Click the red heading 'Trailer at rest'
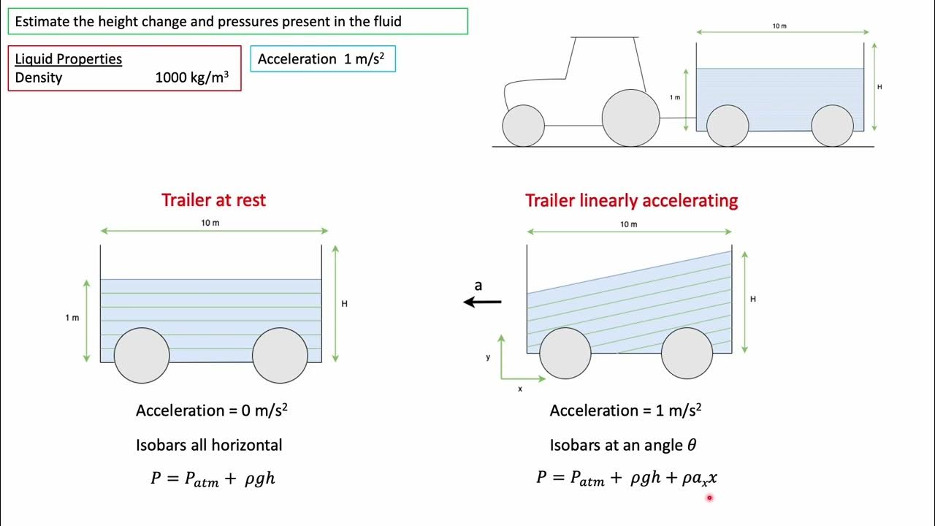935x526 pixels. coord(213,200)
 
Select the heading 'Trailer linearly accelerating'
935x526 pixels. coord(631,200)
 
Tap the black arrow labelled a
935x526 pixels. coord(483,301)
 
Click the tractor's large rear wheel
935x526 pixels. coord(630,118)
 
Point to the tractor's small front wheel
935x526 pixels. coord(524,125)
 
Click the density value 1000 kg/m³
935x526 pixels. coord(197,77)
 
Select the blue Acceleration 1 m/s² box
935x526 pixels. coord(322,59)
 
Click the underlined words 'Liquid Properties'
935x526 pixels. coord(68,59)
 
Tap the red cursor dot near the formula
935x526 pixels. coord(709,498)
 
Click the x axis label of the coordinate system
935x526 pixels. coord(520,389)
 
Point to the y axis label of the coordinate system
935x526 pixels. coord(488,357)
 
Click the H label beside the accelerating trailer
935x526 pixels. coord(753,299)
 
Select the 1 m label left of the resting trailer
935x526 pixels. coord(72,318)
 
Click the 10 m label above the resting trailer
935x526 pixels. coord(210,223)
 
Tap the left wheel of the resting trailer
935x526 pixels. coord(142,355)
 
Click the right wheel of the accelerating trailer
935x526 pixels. coord(687,353)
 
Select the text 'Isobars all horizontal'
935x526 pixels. coord(209,445)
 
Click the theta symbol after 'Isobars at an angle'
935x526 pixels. coord(691,445)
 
